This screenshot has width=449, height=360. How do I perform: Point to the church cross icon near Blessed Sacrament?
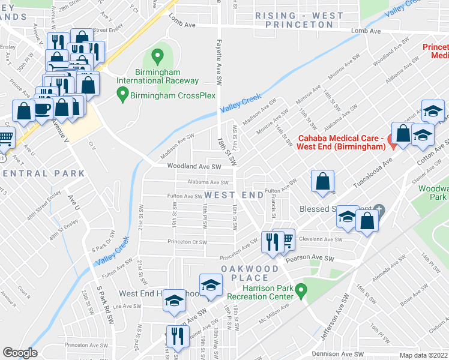(378, 209)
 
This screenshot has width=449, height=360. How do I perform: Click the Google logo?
(20, 352)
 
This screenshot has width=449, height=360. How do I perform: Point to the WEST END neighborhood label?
(234, 196)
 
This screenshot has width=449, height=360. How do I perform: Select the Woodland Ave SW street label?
(194, 166)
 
